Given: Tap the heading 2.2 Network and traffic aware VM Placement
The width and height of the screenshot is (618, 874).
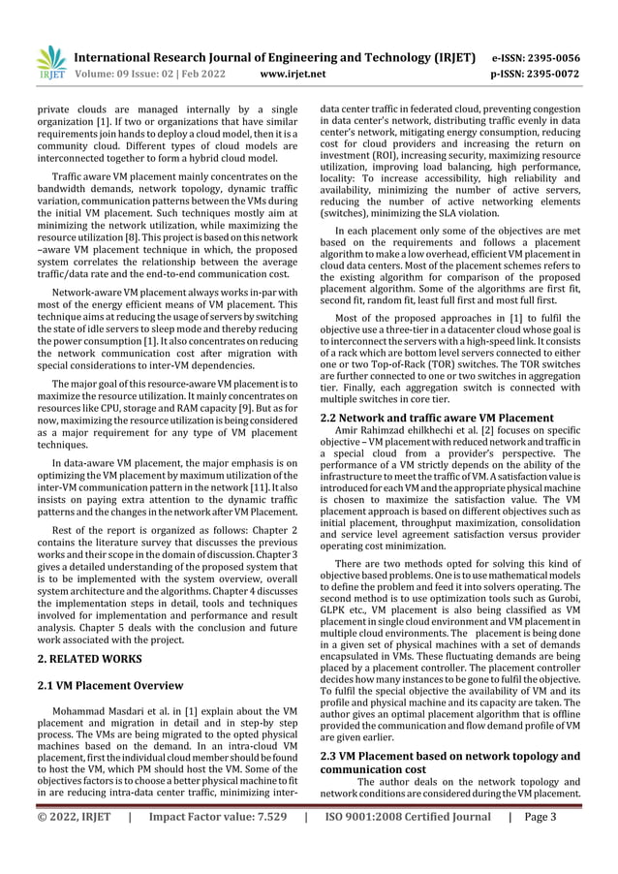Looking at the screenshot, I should pyautogui.click(x=438, y=418).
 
